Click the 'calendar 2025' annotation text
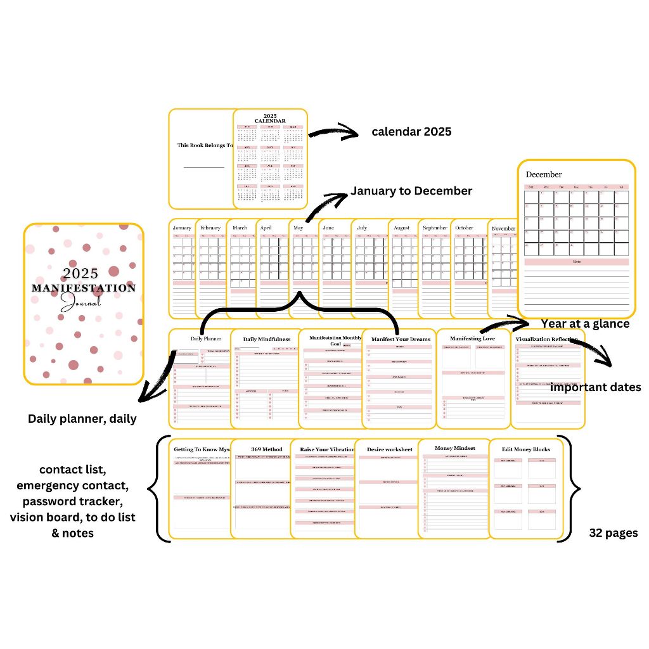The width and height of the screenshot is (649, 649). tap(411, 132)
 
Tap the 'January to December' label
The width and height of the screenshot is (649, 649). tap(411, 191)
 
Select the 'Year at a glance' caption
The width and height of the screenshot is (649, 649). tap(585, 324)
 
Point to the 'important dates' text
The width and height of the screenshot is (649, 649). tap(595, 387)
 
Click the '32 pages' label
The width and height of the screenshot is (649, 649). tap(614, 533)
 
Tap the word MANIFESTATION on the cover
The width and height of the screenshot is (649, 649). tap(84, 288)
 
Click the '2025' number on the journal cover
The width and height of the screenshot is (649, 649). tap(80, 273)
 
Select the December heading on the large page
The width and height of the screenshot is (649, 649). tap(544, 174)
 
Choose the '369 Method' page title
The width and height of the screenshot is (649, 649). tap(267, 449)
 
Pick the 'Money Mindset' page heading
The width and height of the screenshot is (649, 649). tap(455, 448)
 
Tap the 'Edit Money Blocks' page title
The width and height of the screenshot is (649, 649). tap(526, 449)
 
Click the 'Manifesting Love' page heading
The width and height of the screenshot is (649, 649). tap(472, 338)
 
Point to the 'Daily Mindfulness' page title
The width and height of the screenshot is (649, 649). tap(267, 339)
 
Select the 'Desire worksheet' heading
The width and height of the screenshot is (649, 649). tap(390, 449)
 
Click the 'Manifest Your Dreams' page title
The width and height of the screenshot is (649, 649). tap(401, 339)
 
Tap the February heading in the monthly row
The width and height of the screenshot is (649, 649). tap(210, 228)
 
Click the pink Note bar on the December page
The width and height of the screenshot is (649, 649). tap(576, 262)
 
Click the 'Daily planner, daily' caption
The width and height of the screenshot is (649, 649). tap(82, 419)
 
